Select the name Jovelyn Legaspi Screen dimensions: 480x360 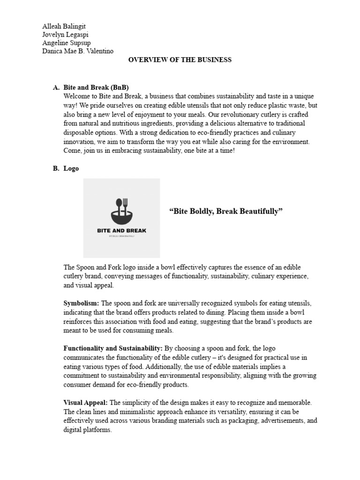pos(65,35)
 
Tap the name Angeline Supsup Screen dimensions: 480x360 pos(66,43)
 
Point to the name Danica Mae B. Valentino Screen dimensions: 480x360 pos(77,51)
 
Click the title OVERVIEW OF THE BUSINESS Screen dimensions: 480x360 pos(180,60)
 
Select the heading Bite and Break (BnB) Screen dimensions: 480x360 pos(96,88)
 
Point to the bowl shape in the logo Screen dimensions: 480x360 pos(121,217)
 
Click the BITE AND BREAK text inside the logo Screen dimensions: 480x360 pos(121,231)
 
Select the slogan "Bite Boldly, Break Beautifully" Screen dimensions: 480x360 pos(226,212)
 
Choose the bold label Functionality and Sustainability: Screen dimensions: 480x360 pos(113,349)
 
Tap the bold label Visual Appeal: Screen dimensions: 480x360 pos(85,403)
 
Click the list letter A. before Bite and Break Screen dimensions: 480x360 pos(56,88)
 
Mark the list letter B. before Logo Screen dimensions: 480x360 pos(56,169)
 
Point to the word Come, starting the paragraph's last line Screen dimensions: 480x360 pos(73,150)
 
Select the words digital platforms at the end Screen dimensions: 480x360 pos(87,429)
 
